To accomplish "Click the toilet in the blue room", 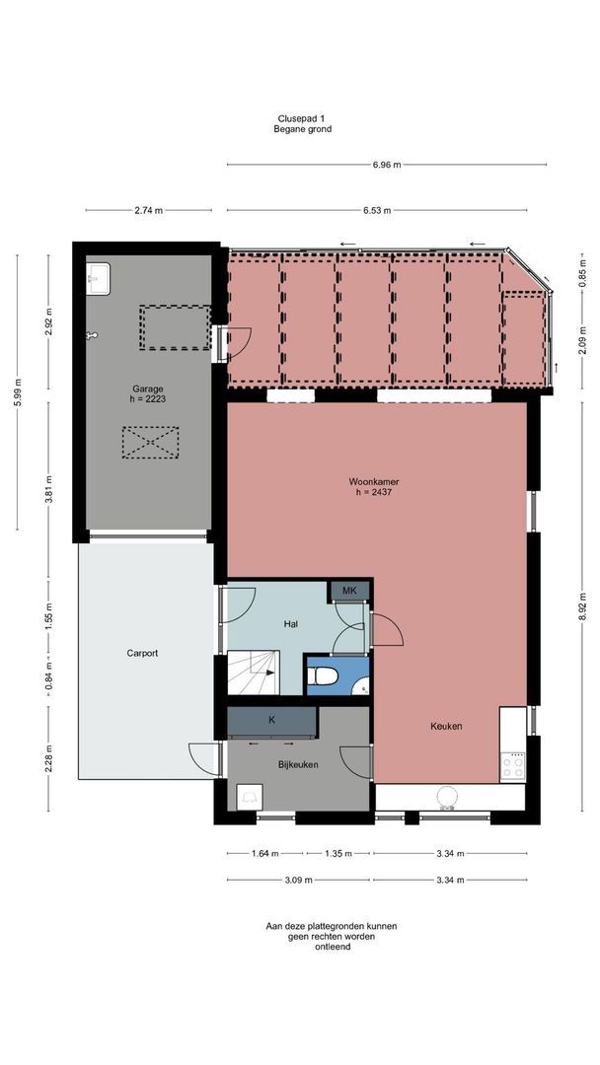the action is pyautogui.click(x=323, y=676).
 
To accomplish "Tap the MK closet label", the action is pyautogui.click(x=349, y=591).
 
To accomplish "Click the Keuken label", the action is pyautogui.click(x=446, y=726).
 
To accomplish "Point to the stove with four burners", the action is pyautogui.click(x=513, y=767).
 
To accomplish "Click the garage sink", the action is pyautogui.click(x=98, y=279).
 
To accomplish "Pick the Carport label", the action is pyautogui.click(x=143, y=654).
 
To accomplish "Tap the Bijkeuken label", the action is pyautogui.click(x=298, y=764).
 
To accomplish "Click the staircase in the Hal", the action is pyautogui.click(x=253, y=672).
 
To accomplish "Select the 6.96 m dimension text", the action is pyautogui.click(x=387, y=165).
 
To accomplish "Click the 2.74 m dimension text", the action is pyautogui.click(x=149, y=211).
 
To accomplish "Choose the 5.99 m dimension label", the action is pyautogui.click(x=18, y=391).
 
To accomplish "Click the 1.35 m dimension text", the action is pyautogui.click(x=338, y=854).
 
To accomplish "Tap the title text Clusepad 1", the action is pyautogui.click(x=301, y=118).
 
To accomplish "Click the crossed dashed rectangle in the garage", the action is pyautogui.click(x=150, y=443).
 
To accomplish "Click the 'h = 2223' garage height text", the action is pyautogui.click(x=148, y=399).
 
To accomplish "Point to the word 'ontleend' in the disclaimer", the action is pyautogui.click(x=332, y=947).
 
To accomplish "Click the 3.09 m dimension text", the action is pyautogui.click(x=298, y=881).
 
